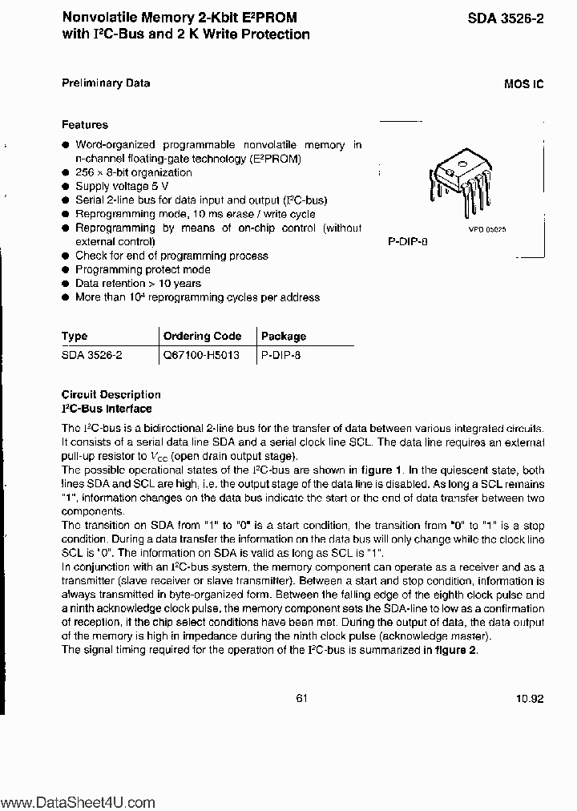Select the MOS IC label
(524, 84)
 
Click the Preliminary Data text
(106, 83)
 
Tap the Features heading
(85, 125)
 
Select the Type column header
(75, 337)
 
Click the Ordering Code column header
(203, 337)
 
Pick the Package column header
(284, 337)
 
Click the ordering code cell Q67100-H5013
(201, 354)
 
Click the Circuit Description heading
(111, 394)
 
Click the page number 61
(301, 698)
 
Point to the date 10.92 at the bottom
(530, 699)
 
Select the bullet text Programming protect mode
(143, 269)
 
